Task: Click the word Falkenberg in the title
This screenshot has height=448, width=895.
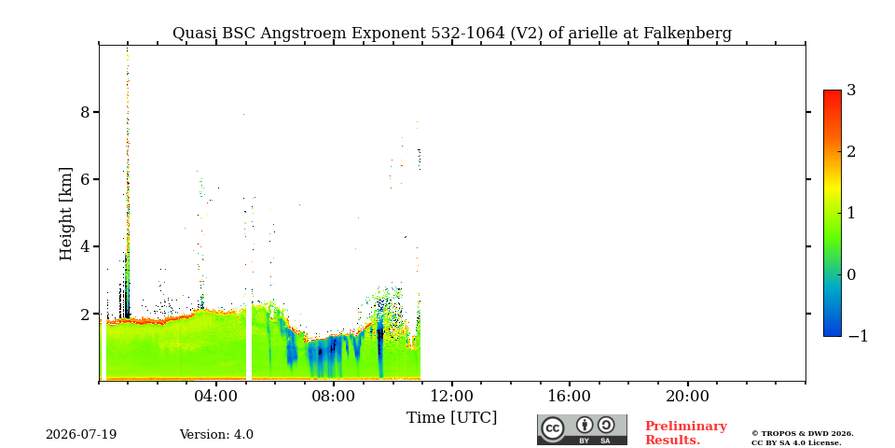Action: [x=687, y=34]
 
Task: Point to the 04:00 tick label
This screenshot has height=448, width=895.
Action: [x=216, y=397]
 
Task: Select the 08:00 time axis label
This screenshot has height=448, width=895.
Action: [x=334, y=397]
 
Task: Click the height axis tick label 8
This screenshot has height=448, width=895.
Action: [x=86, y=112]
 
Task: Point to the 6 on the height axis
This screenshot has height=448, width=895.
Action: [x=86, y=179]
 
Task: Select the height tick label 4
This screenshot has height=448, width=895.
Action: [x=86, y=246]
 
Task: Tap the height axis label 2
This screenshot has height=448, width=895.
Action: [x=86, y=315]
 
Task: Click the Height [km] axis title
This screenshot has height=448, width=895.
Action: [x=66, y=214]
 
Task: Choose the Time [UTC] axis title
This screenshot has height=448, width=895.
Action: [x=451, y=418]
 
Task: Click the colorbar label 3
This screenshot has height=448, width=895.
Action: [x=851, y=91]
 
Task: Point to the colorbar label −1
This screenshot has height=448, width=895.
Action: [x=858, y=337]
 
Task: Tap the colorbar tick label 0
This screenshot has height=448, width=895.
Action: [x=851, y=274]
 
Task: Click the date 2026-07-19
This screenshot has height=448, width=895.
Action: [x=81, y=435]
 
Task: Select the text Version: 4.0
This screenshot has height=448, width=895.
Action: [x=216, y=435]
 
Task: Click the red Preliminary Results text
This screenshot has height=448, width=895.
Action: [x=685, y=433]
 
